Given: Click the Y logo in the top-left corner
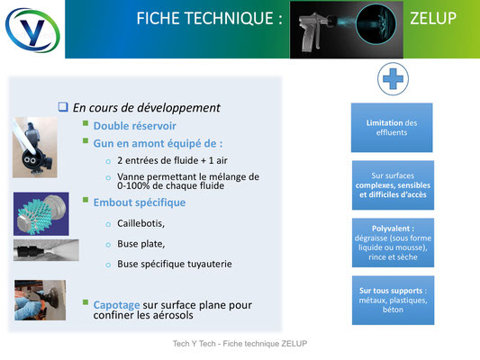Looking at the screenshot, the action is pos(32,30).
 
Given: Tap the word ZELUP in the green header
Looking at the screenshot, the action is pos(433,18).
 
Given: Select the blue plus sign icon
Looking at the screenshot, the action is pos(393,78).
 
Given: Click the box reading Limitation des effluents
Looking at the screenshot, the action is pos(392,128).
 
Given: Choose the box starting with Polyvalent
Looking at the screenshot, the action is pos(393,242).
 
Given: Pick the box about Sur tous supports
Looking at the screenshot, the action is pos(393,300).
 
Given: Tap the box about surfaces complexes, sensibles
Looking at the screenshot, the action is pos(393,185).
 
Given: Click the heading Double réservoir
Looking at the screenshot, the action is pos(135,126).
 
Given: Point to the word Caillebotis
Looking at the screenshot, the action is pos(140,223).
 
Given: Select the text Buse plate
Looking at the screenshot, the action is pos(140,244).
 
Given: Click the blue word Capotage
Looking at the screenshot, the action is pos(117,305).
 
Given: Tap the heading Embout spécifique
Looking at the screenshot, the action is pos(140,202).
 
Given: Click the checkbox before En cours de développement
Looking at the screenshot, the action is pos(63,107).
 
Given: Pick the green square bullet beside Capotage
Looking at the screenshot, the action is pos(86,302).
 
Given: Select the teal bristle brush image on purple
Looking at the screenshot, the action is pos(41,214).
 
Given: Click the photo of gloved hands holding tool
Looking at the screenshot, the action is pos(41,300).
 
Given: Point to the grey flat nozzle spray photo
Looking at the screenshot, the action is pos(46,250).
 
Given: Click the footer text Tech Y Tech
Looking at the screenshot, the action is pos(195,344).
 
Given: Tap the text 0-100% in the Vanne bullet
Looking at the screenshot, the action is pos(133,185).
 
